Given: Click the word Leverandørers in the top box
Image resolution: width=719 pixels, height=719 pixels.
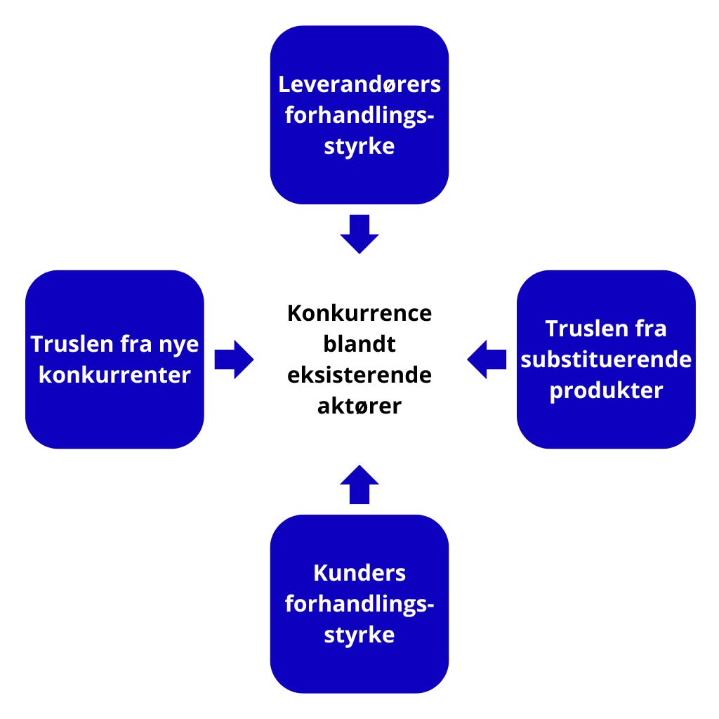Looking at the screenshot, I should pyautogui.click(x=359, y=85).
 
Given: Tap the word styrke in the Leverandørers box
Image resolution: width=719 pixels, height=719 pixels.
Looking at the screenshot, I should pyautogui.click(x=359, y=147).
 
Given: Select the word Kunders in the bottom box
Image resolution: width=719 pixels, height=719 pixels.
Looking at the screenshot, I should pyautogui.click(x=359, y=573).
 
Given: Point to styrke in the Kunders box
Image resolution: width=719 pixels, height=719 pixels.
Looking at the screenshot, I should pyautogui.click(x=359, y=635).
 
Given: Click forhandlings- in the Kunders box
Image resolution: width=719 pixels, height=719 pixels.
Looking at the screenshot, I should pyautogui.click(x=359, y=604).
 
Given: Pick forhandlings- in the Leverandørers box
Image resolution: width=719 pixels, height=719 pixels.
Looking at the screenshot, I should pyautogui.click(x=359, y=116).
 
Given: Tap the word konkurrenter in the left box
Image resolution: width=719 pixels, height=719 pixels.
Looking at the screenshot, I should pyautogui.click(x=114, y=375).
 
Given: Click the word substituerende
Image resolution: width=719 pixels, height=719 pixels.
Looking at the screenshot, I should pyautogui.click(x=606, y=359).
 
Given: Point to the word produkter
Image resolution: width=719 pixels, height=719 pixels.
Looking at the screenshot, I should pyautogui.click(x=606, y=390).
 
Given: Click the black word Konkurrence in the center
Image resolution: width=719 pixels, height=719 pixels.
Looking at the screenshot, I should pyautogui.click(x=359, y=313).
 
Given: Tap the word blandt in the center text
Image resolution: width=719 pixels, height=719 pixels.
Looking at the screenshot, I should pyautogui.click(x=359, y=344).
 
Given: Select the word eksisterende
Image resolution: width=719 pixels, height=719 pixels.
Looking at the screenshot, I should pyautogui.click(x=359, y=375).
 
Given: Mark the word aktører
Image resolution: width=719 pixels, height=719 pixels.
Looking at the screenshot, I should pyautogui.click(x=359, y=406).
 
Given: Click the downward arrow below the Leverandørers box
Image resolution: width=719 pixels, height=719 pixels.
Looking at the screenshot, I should pyautogui.click(x=359, y=235).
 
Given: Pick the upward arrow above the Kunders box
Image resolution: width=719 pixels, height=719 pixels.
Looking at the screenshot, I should pyautogui.click(x=359, y=484).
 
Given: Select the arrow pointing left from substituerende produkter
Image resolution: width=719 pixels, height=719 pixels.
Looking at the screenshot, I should pyautogui.click(x=486, y=359).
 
